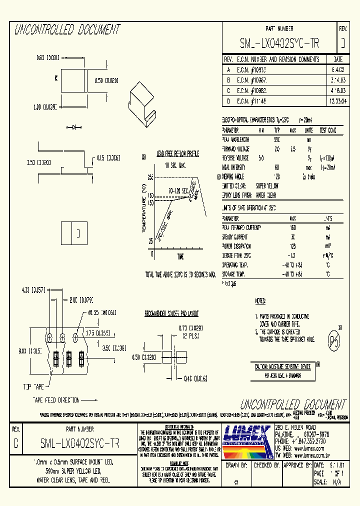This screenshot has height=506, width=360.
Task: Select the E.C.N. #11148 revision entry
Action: tap(252, 100)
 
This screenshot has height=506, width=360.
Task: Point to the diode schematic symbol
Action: tap(76, 127)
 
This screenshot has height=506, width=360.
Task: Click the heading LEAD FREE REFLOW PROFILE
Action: tap(177, 153)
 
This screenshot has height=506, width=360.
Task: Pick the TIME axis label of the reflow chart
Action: tap(180, 256)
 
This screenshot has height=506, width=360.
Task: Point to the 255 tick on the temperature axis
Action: tap(150, 177)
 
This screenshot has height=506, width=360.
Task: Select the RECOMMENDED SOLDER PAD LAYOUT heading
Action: tap(171, 314)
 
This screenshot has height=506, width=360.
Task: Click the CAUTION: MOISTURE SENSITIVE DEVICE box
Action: tap(283, 367)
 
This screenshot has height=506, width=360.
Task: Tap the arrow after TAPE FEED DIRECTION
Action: tap(88, 400)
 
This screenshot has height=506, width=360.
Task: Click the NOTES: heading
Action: tap(260, 301)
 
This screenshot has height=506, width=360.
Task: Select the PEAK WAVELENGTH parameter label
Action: tap(236, 139)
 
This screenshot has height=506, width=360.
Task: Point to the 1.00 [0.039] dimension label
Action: tap(44, 106)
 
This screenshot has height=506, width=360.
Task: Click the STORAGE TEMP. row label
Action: tap(236, 274)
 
